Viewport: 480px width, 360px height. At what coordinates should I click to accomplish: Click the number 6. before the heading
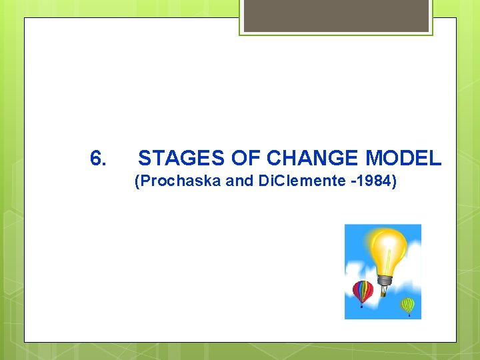tap(97, 159)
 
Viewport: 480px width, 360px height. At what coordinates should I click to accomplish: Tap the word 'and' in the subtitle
tap(240, 181)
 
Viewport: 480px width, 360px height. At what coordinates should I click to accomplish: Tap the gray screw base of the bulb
tap(385, 280)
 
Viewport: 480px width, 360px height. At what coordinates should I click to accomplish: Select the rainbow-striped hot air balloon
tap(362, 291)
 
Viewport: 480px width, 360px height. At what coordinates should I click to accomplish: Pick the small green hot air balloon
tap(407, 305)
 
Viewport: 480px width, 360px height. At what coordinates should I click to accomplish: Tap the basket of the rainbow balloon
tap(362, 306)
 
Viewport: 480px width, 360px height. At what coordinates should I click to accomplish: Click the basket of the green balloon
tap(408, 315)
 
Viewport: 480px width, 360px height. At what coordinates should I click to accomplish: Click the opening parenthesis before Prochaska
tap(137, 181)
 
